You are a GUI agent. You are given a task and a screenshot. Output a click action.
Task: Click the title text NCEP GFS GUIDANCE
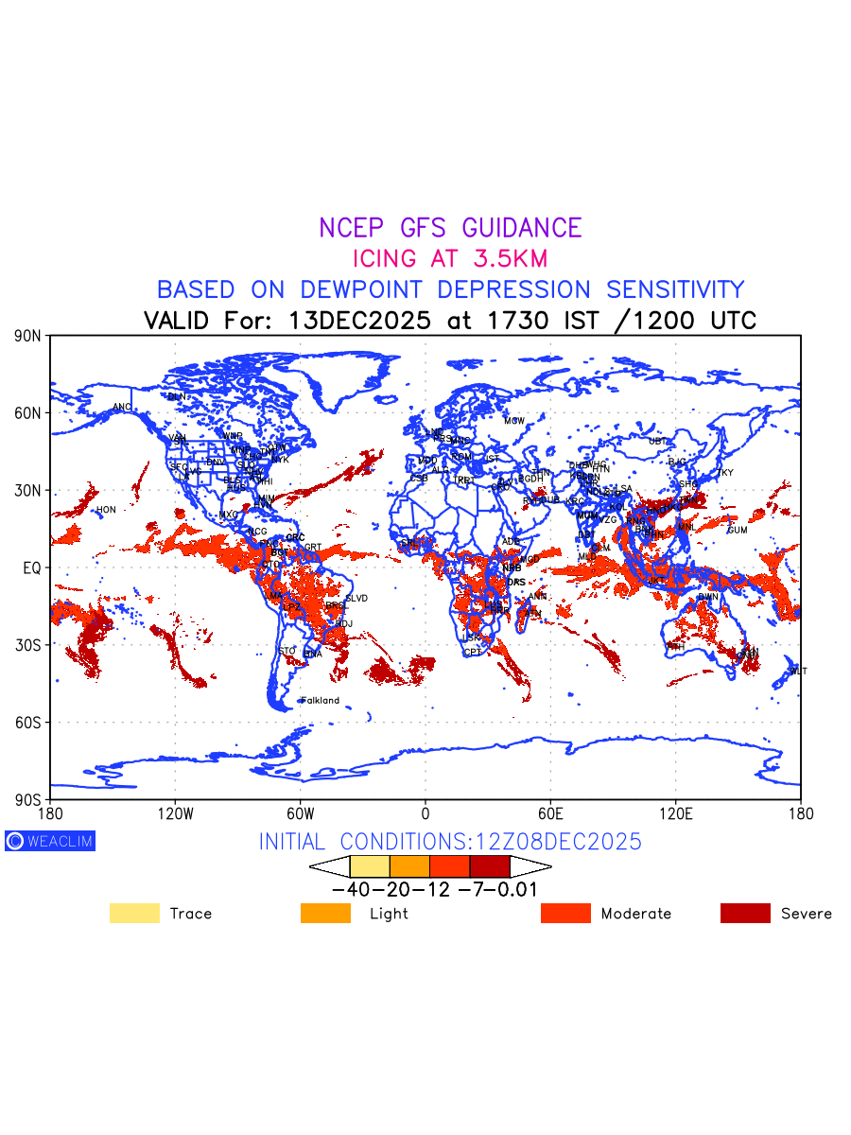450,228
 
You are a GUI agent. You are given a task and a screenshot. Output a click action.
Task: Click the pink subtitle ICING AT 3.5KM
450,258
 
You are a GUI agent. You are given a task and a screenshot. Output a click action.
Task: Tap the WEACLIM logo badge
50,841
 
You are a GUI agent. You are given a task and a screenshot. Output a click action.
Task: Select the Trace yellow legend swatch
134,913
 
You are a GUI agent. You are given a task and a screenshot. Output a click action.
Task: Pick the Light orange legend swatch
325,913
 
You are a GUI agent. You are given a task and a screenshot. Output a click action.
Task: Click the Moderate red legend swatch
565,913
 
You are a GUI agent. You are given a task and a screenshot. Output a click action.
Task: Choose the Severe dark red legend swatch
745,913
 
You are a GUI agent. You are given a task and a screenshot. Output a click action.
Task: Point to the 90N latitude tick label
28,336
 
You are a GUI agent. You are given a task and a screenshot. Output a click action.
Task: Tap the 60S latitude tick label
28,723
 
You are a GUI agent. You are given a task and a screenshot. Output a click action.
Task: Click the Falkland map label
320,701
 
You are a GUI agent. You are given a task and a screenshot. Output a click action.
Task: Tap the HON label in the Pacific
106,510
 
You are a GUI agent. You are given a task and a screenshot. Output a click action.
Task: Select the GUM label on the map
738,530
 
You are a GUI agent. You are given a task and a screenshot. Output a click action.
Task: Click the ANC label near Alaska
122,408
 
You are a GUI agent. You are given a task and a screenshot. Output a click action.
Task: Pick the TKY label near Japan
725,473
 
